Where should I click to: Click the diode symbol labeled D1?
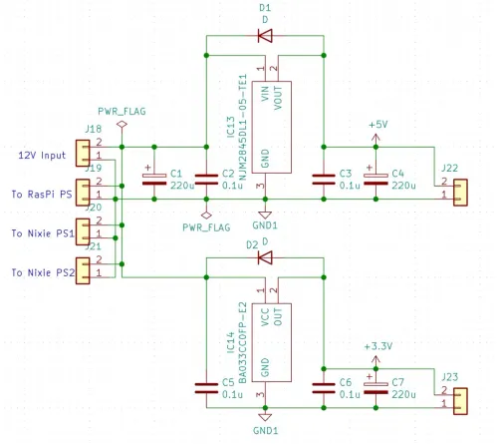click(265, 36)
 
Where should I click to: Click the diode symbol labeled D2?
click(265, 257)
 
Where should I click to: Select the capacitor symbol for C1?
click(154, 179)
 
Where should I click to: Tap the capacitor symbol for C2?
click(206, 179)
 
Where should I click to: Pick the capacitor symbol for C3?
click(324, 179)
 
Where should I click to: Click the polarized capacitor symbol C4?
click(375, 179)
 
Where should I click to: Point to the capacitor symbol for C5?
click(206, 388)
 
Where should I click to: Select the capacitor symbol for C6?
click(324, 388)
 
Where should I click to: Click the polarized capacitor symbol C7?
click(375, 388)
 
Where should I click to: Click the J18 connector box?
click(83, 153)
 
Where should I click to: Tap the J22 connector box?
click(460, 193)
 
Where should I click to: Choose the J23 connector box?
click(460, 401)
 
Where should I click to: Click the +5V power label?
click(378, 125)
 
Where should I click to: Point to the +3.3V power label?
click(378, 346)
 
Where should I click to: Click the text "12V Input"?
click(42, 156)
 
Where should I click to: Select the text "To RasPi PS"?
click(42, 195)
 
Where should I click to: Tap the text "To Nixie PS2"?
click(43, 272)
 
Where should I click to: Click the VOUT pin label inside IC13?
click(278, 98)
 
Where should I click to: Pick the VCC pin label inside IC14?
click(265, 317)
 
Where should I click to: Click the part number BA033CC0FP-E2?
click(243, 342)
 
